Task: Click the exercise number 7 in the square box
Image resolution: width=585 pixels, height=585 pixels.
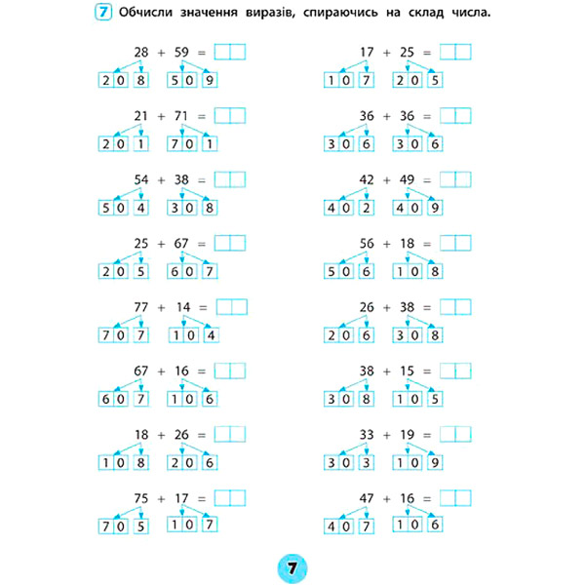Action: [x=102, y=14]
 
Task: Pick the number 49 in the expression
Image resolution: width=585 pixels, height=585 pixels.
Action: [x=408, y=180]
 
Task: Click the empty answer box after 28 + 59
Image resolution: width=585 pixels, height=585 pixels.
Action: [x=229, y=52]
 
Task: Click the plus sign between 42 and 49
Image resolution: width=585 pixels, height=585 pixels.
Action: [x=387, y=180]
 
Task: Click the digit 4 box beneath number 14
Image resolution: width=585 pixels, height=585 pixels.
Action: [x=210, y=334]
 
